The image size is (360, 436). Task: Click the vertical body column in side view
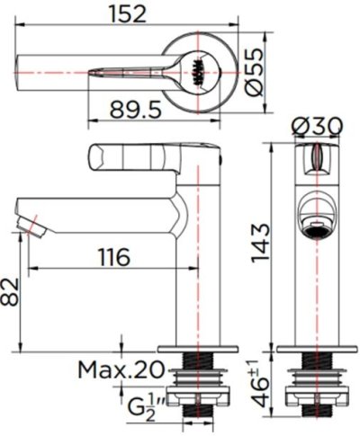pyautogui.click(x=195, y=270)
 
